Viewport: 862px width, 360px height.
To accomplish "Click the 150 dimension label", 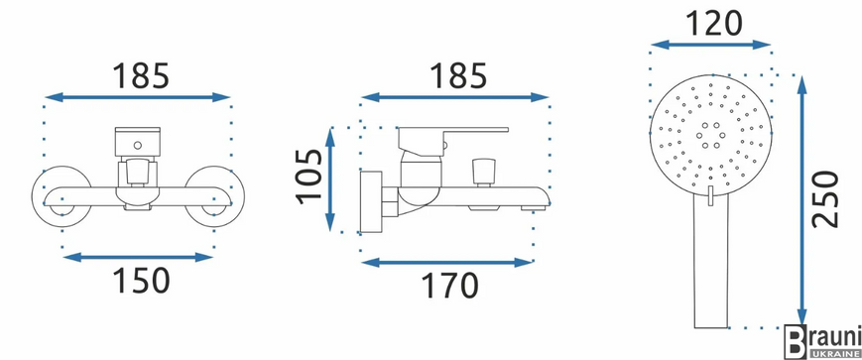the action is pyautogui.click(x=141, y=281).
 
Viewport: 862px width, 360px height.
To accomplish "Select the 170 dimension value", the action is pyautogui.click(x=449, y=286).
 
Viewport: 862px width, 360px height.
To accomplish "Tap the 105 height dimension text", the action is pyautogui.click(x=310, y=176).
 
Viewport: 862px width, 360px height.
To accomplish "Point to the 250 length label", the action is pyautogui.click(x=825, y=199).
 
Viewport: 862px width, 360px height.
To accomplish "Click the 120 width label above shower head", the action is pyautogui.click(x=713, y=23).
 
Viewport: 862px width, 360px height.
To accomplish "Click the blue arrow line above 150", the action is pyautogui.click(x=138, y=257).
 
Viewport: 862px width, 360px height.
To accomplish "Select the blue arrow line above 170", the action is pyautogui.click(x=447, y=262).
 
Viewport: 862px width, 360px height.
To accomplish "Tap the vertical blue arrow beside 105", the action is pyautogui.click(x=330, y=180).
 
